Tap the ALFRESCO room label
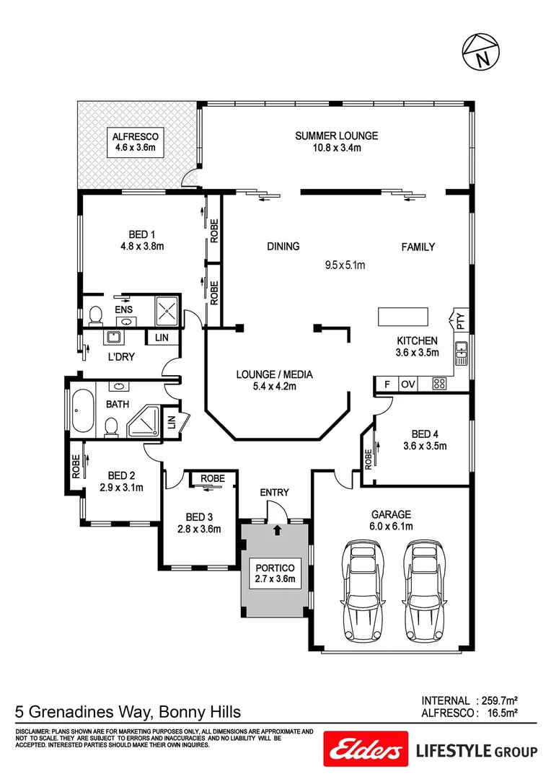[x=135, y=142]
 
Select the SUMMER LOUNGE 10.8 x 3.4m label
[x=336, y=141]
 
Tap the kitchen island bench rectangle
[x=401, y=317]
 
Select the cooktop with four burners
[x=438, y=384]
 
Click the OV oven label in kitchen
[x=407, y=384]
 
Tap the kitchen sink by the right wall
[x=462, y=353]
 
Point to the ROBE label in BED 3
[x=212, y=478]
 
